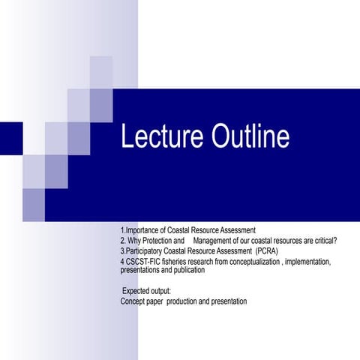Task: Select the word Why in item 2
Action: tap(136, 241)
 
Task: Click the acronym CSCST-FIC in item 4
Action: tap(142, 262)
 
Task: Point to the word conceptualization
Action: tap(255, 262)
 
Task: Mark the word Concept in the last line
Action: tap(133, 301)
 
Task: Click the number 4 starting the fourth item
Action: tap(121, 262)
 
